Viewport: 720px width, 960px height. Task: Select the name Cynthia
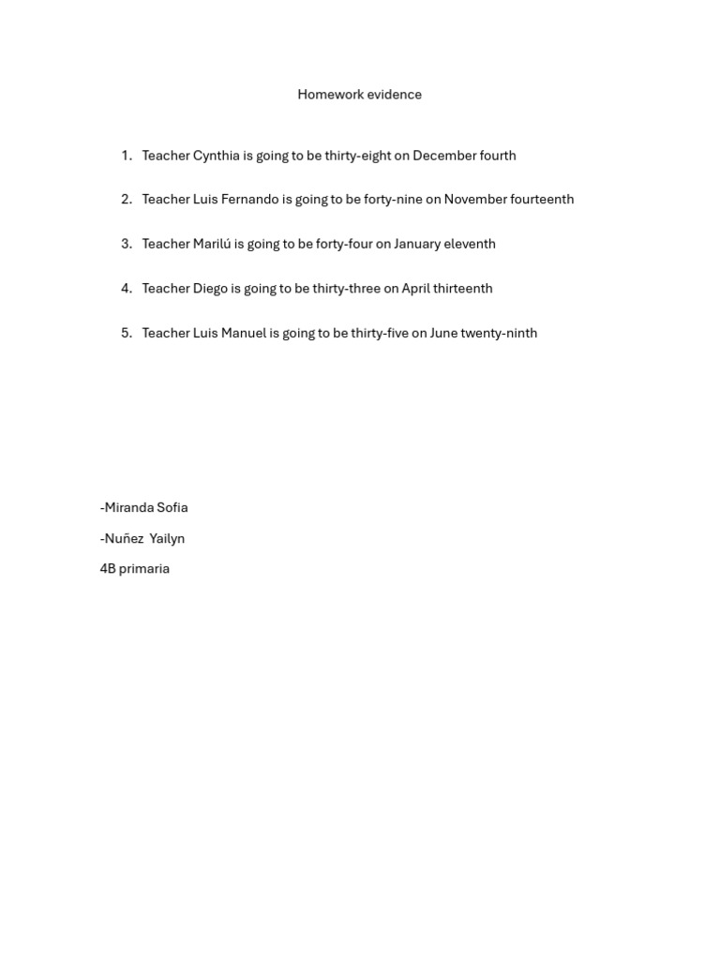pos(216,156)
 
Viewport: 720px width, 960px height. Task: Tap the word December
pos(443,156)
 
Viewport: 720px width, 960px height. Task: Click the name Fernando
pos(250,200)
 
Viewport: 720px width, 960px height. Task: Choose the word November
pos(475,200)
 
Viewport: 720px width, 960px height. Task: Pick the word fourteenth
pos(542,200)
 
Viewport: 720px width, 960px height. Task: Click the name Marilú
pos(212,244)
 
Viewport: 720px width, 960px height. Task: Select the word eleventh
pos(472,244)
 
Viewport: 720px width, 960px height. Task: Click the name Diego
pos(210,289)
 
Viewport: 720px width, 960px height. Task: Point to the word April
pos(415,289)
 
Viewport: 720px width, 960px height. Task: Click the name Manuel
pos(244,333)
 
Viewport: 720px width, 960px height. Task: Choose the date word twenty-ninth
pos(499,333)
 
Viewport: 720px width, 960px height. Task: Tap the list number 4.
pos(126,289)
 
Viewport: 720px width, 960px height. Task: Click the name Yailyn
pos(167,539)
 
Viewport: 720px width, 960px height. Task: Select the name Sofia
pos(172,508)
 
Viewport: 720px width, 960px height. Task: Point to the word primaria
pos(144,569)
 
